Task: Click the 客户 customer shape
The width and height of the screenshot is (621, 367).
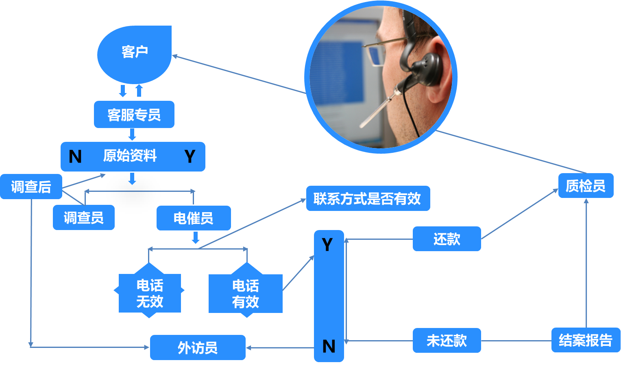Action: coord(134,53)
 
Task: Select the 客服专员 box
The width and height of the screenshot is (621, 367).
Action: coord(134,115)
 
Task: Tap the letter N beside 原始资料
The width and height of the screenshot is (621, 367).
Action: coord(75,156)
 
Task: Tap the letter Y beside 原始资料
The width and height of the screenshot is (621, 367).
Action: coord(190,156)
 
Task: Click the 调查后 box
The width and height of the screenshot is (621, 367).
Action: coord(31,187)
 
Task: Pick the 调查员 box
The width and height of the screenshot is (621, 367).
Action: coord(83,218)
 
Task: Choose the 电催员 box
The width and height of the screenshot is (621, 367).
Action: coord(194,218)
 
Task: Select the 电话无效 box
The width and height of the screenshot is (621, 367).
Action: coord(150,293)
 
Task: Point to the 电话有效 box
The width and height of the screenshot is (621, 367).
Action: coord(246,293)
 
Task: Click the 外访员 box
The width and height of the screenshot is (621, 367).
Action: coord(198,347)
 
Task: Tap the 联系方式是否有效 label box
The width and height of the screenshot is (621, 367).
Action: coord(368,198)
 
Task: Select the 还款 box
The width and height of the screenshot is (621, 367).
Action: coord(447,239)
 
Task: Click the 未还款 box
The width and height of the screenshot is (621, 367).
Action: coord(447,341)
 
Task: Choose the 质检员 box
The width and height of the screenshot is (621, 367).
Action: coord(586,186)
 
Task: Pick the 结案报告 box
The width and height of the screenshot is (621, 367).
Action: coord(586,340)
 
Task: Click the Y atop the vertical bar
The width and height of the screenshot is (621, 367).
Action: coord(327,245)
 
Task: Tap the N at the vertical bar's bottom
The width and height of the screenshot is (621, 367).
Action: coord(329,346)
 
